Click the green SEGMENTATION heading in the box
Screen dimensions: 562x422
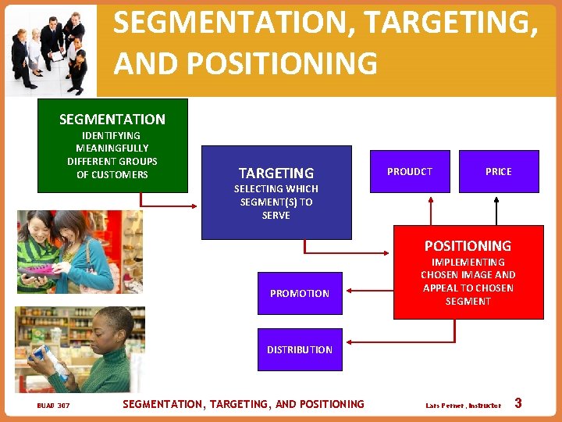[112, 120]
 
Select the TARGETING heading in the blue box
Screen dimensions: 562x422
[276, 173]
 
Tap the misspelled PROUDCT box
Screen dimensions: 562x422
[410, 172]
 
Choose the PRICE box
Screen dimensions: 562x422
[499, 172]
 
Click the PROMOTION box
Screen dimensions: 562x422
[300, 294]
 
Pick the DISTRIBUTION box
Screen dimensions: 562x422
[300, 349]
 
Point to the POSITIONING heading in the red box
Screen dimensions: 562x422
[468, 245]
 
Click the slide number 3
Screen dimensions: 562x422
[518, 403]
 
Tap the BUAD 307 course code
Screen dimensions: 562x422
[53, 406]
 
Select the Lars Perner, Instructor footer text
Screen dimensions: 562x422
[464, 406]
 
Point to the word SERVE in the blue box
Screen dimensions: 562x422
[276, 216]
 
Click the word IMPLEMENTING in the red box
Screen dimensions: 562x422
[468, 263]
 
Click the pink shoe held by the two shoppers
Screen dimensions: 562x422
[44, 271]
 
